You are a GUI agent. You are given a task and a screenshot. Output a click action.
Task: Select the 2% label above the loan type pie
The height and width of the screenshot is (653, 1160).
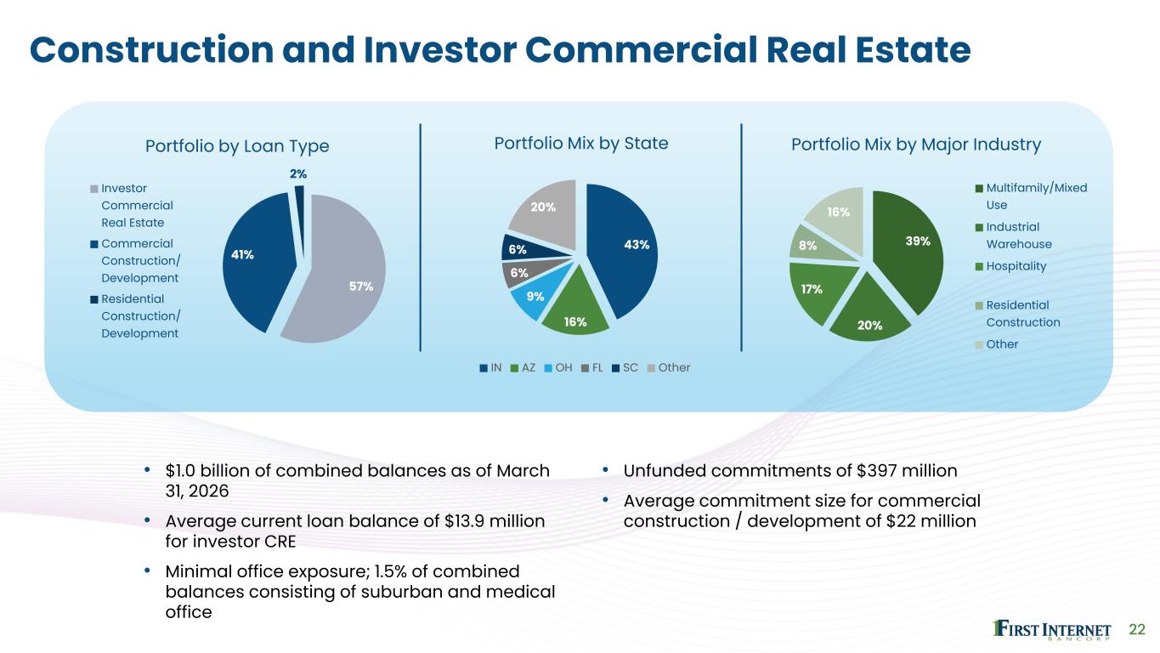pos(298,174)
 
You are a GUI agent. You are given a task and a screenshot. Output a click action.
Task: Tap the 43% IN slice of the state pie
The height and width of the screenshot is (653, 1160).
pos(624,249)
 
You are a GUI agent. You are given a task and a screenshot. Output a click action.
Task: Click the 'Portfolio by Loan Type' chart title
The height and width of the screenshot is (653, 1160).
pos(237,146)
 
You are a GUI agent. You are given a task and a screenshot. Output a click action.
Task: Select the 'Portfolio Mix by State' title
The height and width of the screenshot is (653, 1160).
pos(581,144)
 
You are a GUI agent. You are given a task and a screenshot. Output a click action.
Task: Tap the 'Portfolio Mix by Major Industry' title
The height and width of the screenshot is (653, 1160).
pos(916,145)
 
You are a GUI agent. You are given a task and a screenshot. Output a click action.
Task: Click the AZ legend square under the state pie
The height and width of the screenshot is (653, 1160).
pos(515,368)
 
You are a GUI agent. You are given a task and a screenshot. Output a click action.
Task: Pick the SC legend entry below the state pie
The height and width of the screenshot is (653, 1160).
pos(625,368)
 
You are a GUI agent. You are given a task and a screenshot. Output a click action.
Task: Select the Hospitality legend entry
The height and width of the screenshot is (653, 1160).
pos(1011,266)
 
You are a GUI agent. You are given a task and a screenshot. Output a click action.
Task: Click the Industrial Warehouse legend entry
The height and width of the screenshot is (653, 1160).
pos(1014,236)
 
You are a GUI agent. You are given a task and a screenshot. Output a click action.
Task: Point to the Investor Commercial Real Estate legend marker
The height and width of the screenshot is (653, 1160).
pos(94,189)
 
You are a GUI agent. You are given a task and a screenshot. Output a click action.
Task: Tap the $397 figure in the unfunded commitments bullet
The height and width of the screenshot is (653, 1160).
pos(876,470)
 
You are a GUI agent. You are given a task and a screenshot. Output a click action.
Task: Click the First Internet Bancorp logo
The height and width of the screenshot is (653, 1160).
pos(1052,630)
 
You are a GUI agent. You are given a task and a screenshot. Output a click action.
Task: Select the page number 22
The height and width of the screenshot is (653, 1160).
pos(1137,630)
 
